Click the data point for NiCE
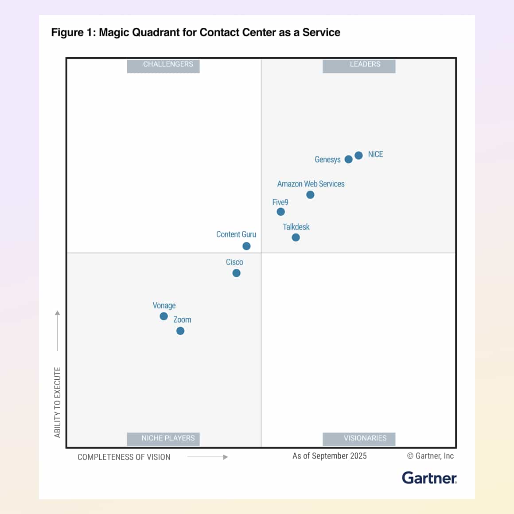pyautogui.click(x=358, y=155)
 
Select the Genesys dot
pyautogui.click(x=348, y=159)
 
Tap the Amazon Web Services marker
pyautogui.click(x=310, y=195)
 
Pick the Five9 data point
pyautogui.click(x=280, y=212)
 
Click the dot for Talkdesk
pyautogui.click(x=296, y=238)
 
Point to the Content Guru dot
pyautogui.click(x=246, y=246)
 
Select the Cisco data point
pyautogui.click(x=236, y=273)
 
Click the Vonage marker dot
pyautogui.click(x=164, y=316)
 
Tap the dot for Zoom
pyautogui.click(x=180, y=331)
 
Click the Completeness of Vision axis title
pyautogui.click(x=124, y=457)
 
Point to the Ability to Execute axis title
pyautogui.click(x=58, y=402)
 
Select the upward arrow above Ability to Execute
pyautogui.click(x=57, y=330)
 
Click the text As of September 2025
pyautogui.click(x=329, y=456)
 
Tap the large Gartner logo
pyautogui.click(x=429, y=478)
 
